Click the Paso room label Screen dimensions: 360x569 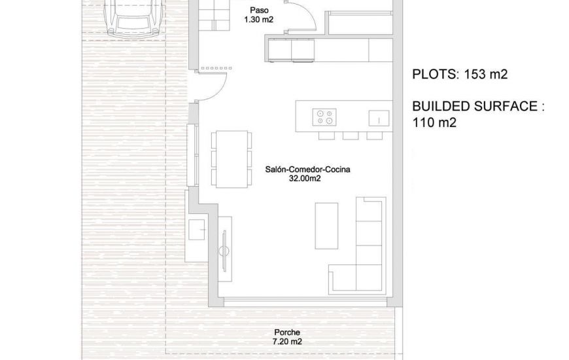pos(259,10)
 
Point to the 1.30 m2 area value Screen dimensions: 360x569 pos(258,20)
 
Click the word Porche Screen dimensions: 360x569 pos(286,332)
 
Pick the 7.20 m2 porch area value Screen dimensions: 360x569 pos(286,341)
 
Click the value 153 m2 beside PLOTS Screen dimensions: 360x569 pos(486,75)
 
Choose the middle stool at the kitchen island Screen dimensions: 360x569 pos(351,135)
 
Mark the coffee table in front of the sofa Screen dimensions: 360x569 pos(326,225)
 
